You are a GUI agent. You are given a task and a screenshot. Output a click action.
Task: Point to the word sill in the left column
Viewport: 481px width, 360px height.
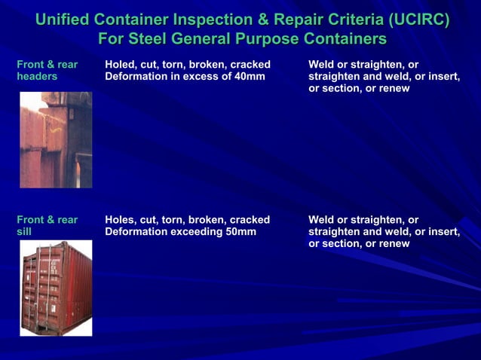(x=24, y=232)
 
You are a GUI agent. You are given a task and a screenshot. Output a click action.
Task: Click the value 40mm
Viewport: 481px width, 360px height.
(x=250, y=77)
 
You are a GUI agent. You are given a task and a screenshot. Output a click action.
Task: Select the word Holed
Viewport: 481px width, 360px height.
(x=121, y=65)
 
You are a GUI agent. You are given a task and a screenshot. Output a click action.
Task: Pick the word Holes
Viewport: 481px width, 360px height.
(x=121, y=220)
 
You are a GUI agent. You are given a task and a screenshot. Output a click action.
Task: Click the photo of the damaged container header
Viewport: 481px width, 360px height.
(x=55, y=140)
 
